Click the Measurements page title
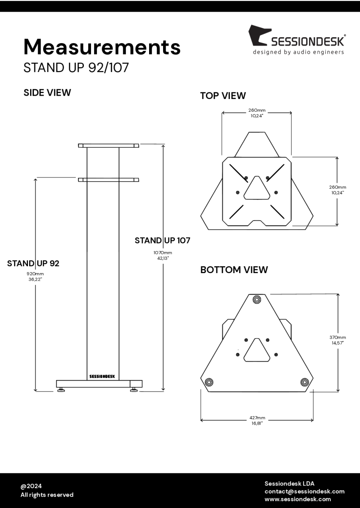(102, 47)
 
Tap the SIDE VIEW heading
(47, 93)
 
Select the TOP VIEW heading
(223, 96)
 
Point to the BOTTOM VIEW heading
(234, 270)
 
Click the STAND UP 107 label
(162, 240)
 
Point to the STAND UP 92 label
(33, 263)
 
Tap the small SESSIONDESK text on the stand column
(102, 376)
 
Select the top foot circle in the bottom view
(257, 300)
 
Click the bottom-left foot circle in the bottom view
(209, 382)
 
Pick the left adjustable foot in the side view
(61, 389)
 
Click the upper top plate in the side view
(108, 146)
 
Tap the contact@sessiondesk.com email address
(305, 491)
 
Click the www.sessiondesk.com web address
(298, 499)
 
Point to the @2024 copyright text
(31, 486)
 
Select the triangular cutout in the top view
(257, 188)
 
